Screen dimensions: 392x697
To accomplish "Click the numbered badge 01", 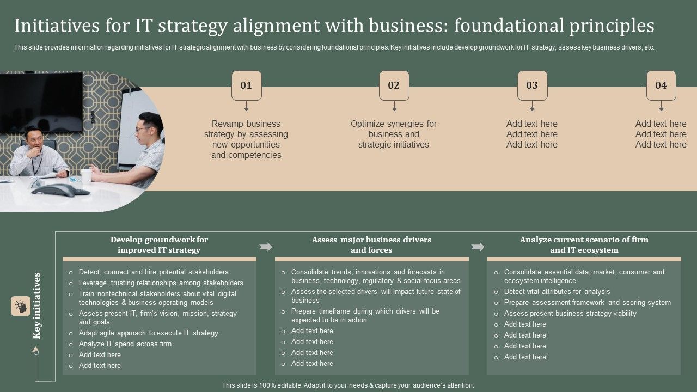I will click(x=246, y=85).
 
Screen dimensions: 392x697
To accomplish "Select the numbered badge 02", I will click(x=394, y=85).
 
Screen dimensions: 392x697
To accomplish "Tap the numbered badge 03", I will click(x=532, y=85).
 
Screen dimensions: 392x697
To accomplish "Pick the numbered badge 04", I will click(x=661, y=85).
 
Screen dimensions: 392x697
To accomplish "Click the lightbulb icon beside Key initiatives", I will click(x=21, y=306).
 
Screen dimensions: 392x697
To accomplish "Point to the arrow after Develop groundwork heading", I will click(x=266, y=247).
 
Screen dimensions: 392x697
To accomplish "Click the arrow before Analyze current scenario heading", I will click(x=478, y=247).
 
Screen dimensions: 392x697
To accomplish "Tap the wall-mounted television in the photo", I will click(x=41, y=102).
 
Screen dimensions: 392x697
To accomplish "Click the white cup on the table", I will click(x=86, y=175).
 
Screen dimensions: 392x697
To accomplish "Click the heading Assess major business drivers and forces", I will click(x=371, y=245).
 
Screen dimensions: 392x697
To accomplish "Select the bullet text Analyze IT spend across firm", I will click(x=125, y=344).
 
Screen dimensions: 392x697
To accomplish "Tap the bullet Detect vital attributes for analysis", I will click(x=557, y=292).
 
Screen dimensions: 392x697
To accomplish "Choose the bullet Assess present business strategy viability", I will click(x=570, y=314).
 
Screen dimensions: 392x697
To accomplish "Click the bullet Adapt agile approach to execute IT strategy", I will click(x=148, y=333).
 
